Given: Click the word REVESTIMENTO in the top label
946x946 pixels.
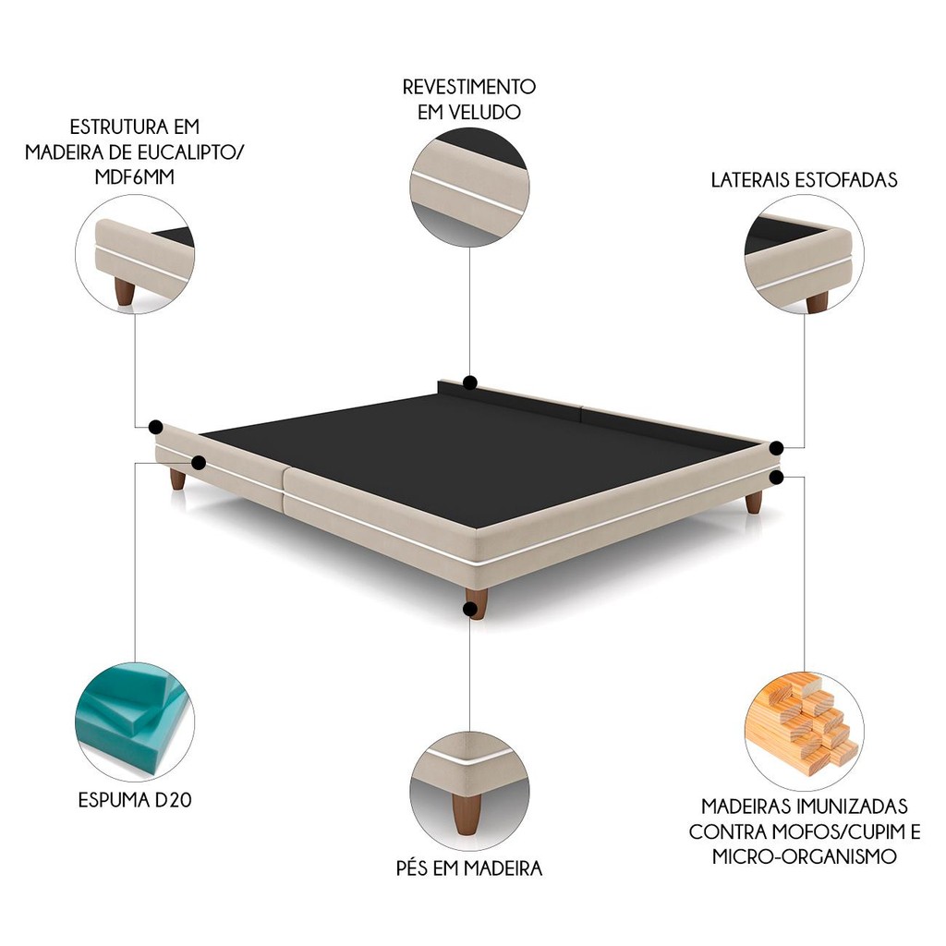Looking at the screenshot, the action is point(468,87).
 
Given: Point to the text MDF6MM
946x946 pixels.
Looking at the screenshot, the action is point(135,177).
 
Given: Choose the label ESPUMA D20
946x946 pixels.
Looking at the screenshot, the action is point(135,800).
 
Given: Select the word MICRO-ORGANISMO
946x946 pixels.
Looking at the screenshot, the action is point(805,856).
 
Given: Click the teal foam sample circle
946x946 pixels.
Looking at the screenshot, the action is point(135,722).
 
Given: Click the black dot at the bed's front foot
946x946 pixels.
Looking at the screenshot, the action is point(469,610).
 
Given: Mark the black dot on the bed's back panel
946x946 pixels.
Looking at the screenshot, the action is point(470,382).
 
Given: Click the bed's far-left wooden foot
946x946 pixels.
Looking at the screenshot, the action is point(177,479).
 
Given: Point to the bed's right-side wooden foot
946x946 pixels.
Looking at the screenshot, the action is point(754,502).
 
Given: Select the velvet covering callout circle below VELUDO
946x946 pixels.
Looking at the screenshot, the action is point(469,187).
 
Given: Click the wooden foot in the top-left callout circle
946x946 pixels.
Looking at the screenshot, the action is point(125,292).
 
